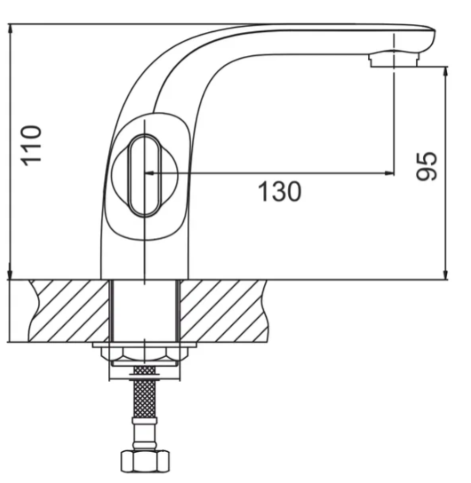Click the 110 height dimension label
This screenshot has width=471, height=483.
click(32, 144)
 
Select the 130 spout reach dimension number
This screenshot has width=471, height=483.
click(280, 190)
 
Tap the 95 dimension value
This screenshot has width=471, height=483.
click(427, 166)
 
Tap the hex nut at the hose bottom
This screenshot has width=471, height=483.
click(143, 461)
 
